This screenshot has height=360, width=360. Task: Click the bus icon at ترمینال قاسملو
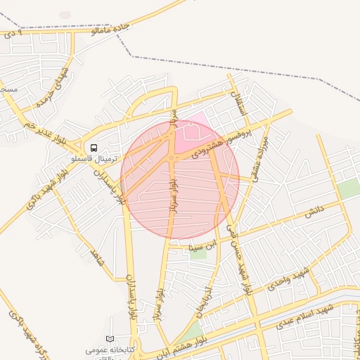93,148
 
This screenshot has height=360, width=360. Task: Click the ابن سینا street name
200,247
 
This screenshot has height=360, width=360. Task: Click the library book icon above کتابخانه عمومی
109,340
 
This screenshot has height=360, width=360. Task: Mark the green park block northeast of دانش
347,188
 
